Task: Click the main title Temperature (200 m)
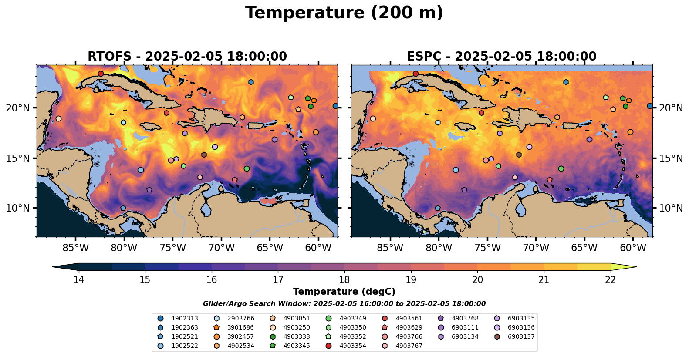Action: coord(344,13)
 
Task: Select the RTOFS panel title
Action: coord(187,57)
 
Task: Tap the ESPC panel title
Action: coord(502,57)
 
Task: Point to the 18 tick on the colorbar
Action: coord(344,279)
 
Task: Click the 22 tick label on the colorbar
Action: coord(610,279)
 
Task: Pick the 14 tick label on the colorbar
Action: coord(78,279)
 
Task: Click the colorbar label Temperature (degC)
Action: coord(344,292)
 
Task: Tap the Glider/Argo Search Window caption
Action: coord(344,304)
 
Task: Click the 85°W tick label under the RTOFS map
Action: coord(76,248)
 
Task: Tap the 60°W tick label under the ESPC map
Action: coord(633,248)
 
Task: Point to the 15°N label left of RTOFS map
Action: coord(18,158)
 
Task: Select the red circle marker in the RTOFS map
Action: coord(101,74)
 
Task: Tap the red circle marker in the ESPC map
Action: coord(415,74)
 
